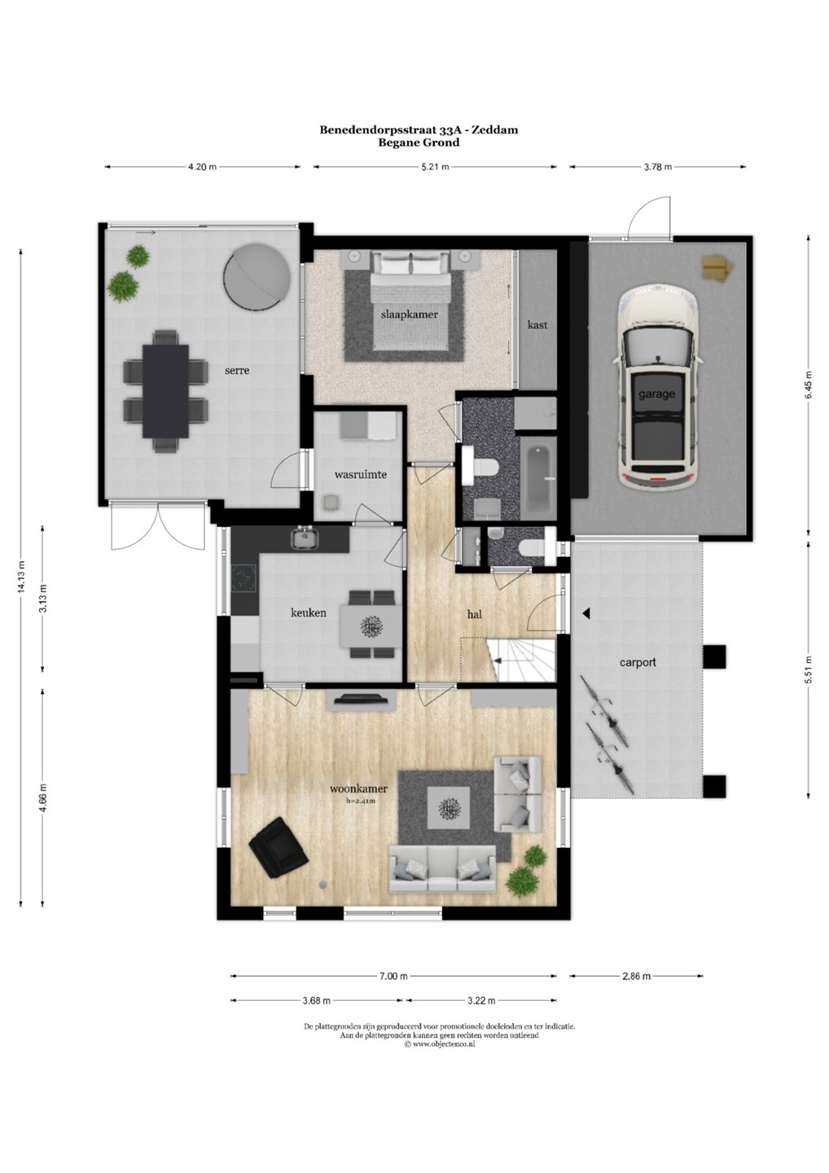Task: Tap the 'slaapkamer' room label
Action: coord(410,314)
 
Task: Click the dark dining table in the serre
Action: coord(165,391)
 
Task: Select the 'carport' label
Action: coord(638,662)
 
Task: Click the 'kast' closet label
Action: coord(537,325)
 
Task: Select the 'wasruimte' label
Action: coord(361,474)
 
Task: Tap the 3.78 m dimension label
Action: coord(657,167)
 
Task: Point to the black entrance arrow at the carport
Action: coord(586,613)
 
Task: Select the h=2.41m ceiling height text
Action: coord(361,802)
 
